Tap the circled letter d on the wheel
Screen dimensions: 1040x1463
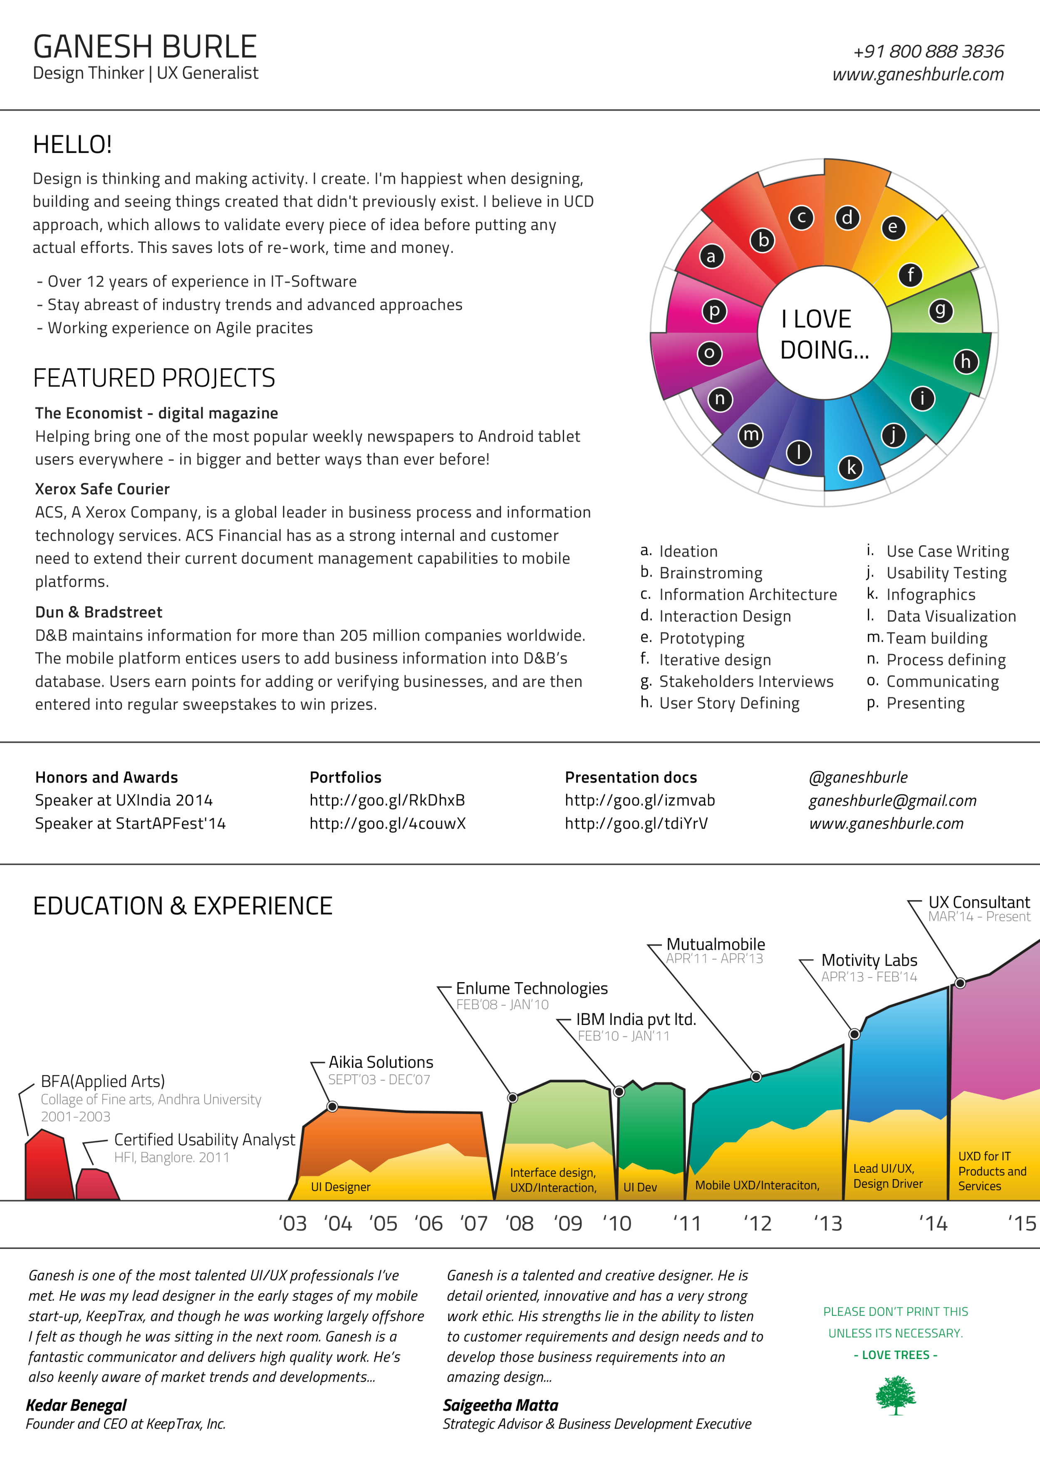847,218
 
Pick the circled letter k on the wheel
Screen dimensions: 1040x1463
851,468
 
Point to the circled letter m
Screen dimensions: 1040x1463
750,436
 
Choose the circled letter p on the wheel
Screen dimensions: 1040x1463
714,311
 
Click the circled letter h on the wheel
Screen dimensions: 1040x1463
966,362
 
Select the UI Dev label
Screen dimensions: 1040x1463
640,1187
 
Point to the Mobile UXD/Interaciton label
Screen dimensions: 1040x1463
757,1185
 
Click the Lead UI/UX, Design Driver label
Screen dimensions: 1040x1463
888,1176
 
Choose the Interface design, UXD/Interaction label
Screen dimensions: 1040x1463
553,1180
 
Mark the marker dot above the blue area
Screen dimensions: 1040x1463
854,1034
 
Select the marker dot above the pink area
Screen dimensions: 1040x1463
960,983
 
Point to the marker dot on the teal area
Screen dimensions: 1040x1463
756,1077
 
